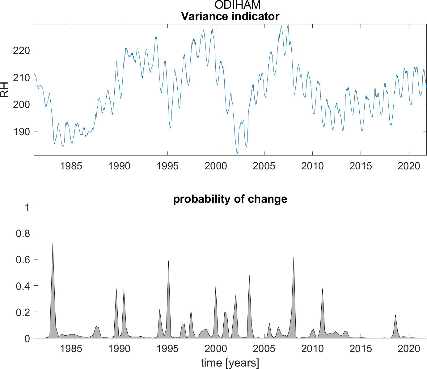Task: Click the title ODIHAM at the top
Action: pyautogui.click(x=238, y=5)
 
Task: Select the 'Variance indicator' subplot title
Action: pyautogui.click(x=230, y=16)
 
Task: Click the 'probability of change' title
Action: pyautogui.click(x=230, y=199)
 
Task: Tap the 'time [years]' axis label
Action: pyautogui.click(x=230, y=363)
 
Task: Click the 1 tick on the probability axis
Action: pyautogui.click(x=27, y=207)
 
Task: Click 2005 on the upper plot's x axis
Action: pyautogui.click(x=264, y=166)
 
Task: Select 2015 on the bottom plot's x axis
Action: pyautogui.click(x=361, y=349)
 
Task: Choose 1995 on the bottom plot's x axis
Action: pyautogui.click(x=167, y=349)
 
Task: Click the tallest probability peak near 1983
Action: pyautogui.click(x=53, y=244)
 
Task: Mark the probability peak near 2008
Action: pyautogui.click(x=294, y=258)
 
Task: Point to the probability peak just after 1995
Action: pyautogui.click(x=168, y=261)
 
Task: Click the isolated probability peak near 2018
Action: pyautogui.click(x=395, y=315)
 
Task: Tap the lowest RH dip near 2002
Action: pyautogui.click(x=237, y=154)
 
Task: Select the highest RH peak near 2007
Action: pyautogui.click(x=288, y=25)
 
